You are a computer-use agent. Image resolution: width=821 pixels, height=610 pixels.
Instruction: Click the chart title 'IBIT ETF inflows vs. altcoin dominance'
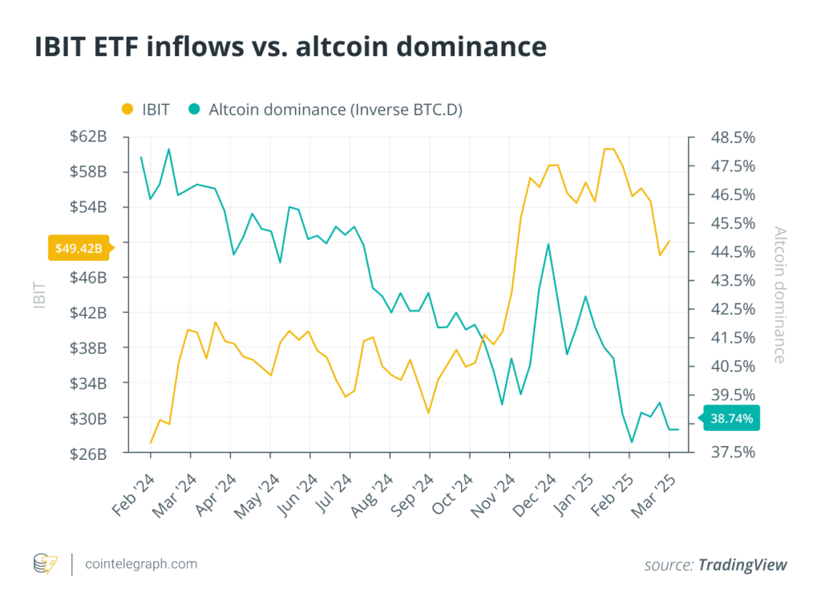tap(290, 47)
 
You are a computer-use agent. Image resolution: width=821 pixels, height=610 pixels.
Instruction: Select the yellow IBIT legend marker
tap(127, 109)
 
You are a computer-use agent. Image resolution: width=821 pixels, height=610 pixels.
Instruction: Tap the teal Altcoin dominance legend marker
tap(193, 109)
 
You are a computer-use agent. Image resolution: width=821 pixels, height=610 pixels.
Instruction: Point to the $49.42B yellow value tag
tap(79, 248)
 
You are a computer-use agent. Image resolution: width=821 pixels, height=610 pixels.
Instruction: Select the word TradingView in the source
tap(742, 565)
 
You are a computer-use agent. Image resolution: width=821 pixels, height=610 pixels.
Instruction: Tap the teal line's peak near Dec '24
tap(548, 244)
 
